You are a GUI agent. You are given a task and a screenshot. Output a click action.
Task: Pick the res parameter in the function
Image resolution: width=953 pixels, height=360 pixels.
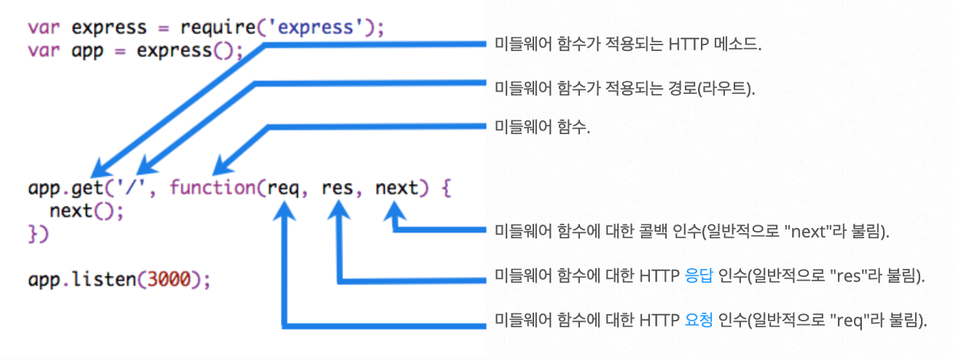pyautogui.click(x=338, y=189)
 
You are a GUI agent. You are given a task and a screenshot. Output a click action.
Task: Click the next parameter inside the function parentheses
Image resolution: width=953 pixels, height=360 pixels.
pyautogui.click(x=397, y=189)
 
